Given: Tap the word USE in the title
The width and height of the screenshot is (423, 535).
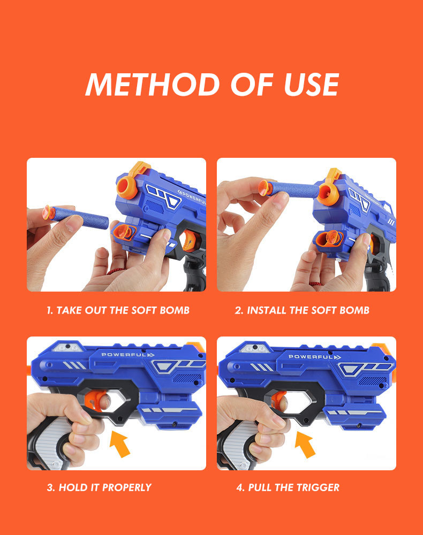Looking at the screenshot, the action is click(x=312, y=85).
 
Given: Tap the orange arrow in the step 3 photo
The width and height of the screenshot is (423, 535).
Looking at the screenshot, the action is click(x=120, y=444).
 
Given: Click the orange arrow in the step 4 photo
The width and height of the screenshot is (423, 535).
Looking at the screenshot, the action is click(x=305, y=444).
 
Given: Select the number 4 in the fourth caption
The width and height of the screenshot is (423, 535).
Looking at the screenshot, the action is click(x=240, y=487).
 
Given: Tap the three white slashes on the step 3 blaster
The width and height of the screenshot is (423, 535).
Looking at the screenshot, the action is click(x=75, y=365).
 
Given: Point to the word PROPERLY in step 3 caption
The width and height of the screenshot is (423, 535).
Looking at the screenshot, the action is click(x=127, y=487).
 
